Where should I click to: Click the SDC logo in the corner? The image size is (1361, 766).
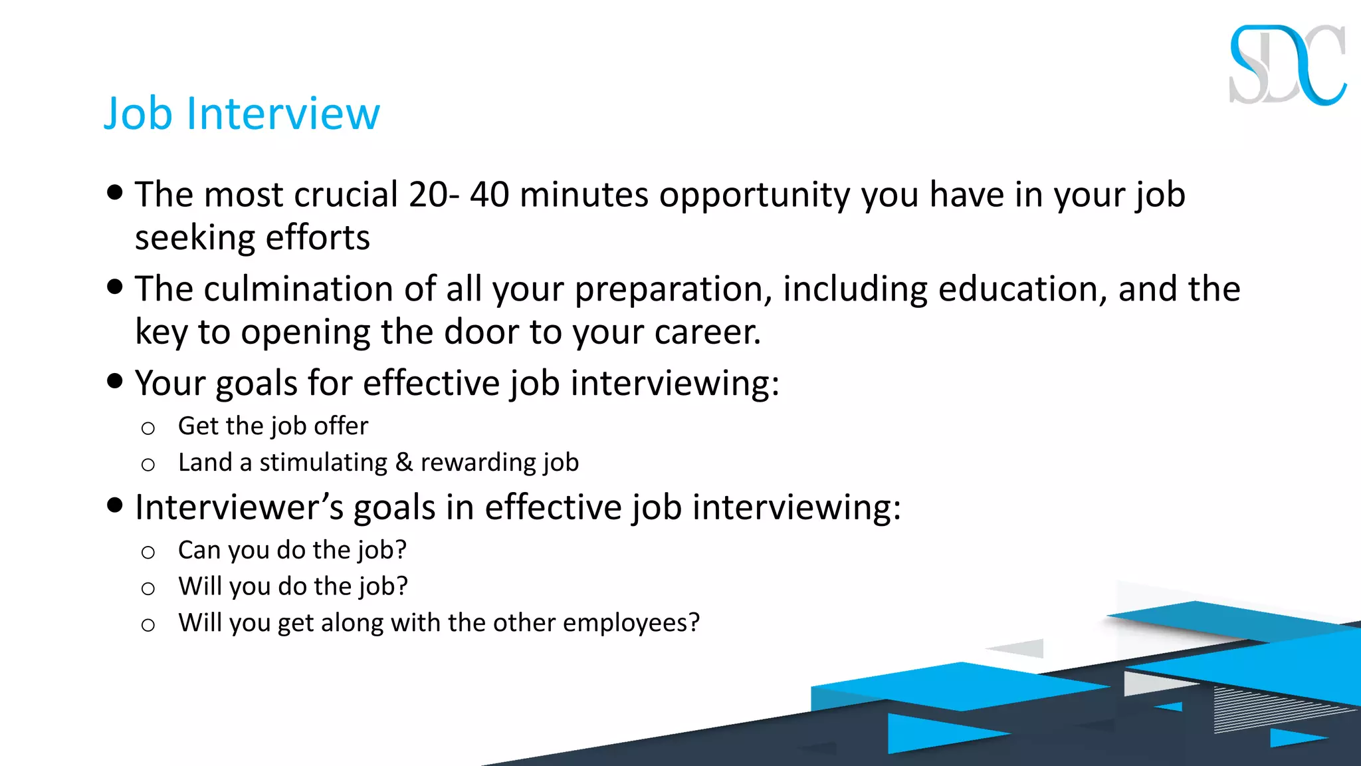(1287, 65)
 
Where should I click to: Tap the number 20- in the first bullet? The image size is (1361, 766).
(434, 194)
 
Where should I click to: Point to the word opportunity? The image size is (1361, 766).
(754, 195)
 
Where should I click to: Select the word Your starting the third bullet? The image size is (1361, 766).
(170, 384)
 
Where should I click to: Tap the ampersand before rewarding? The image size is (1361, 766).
(403, 462)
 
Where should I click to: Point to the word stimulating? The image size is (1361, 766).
(323, 463)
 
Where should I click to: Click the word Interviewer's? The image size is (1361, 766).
(239, 507)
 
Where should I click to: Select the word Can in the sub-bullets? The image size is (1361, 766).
(199, 550)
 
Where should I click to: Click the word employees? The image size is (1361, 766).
(631, 623)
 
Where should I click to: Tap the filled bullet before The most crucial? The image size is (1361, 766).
(115, 192)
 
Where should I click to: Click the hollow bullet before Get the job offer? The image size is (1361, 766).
(148, 428)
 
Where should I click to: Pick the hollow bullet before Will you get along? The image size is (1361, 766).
(148, 625)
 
